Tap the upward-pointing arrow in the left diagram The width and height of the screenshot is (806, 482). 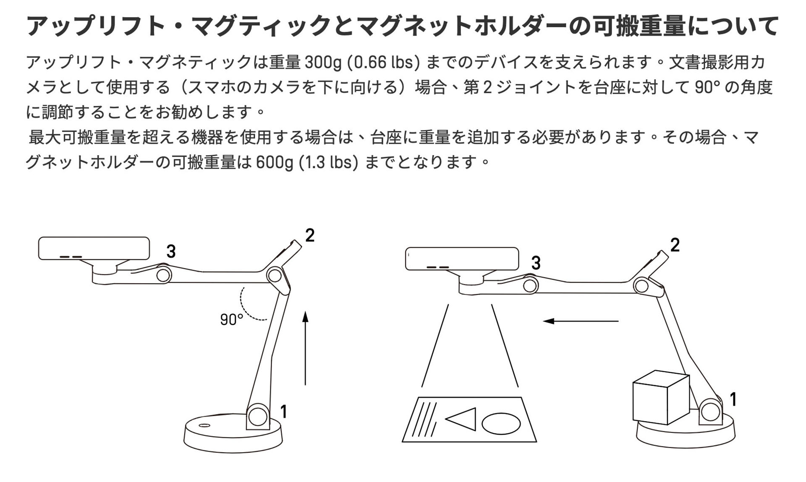[x=305, y=348]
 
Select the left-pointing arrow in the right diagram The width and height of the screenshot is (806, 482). [x=581, y=321]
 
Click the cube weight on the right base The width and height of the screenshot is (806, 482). [x=661, y=397]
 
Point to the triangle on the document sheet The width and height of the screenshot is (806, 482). [x=461, y=419]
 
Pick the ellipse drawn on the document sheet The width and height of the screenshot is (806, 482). [x=501, y=423]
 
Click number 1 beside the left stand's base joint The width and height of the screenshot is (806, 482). [x=284, y=412]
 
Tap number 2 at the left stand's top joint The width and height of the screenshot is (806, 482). [x=310, y=235]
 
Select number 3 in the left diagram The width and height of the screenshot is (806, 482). [x=171, y=251]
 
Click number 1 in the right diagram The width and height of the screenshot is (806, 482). [x=733, y=399]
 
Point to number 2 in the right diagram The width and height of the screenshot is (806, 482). [x=675, y=245]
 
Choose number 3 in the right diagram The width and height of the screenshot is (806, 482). [x=536, y=263]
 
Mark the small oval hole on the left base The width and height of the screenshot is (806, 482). [x=204, y=425]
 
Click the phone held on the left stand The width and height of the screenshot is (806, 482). [x=94, y=248]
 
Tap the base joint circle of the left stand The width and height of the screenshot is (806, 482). [x=257, y=417]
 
